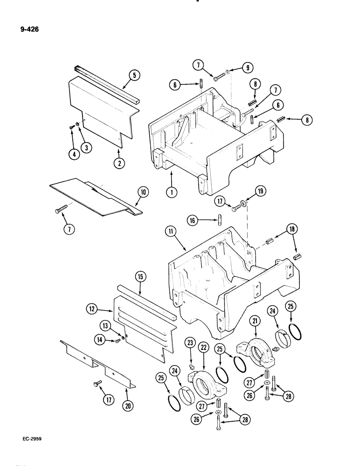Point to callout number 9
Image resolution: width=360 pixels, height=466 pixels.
point(247,67)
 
